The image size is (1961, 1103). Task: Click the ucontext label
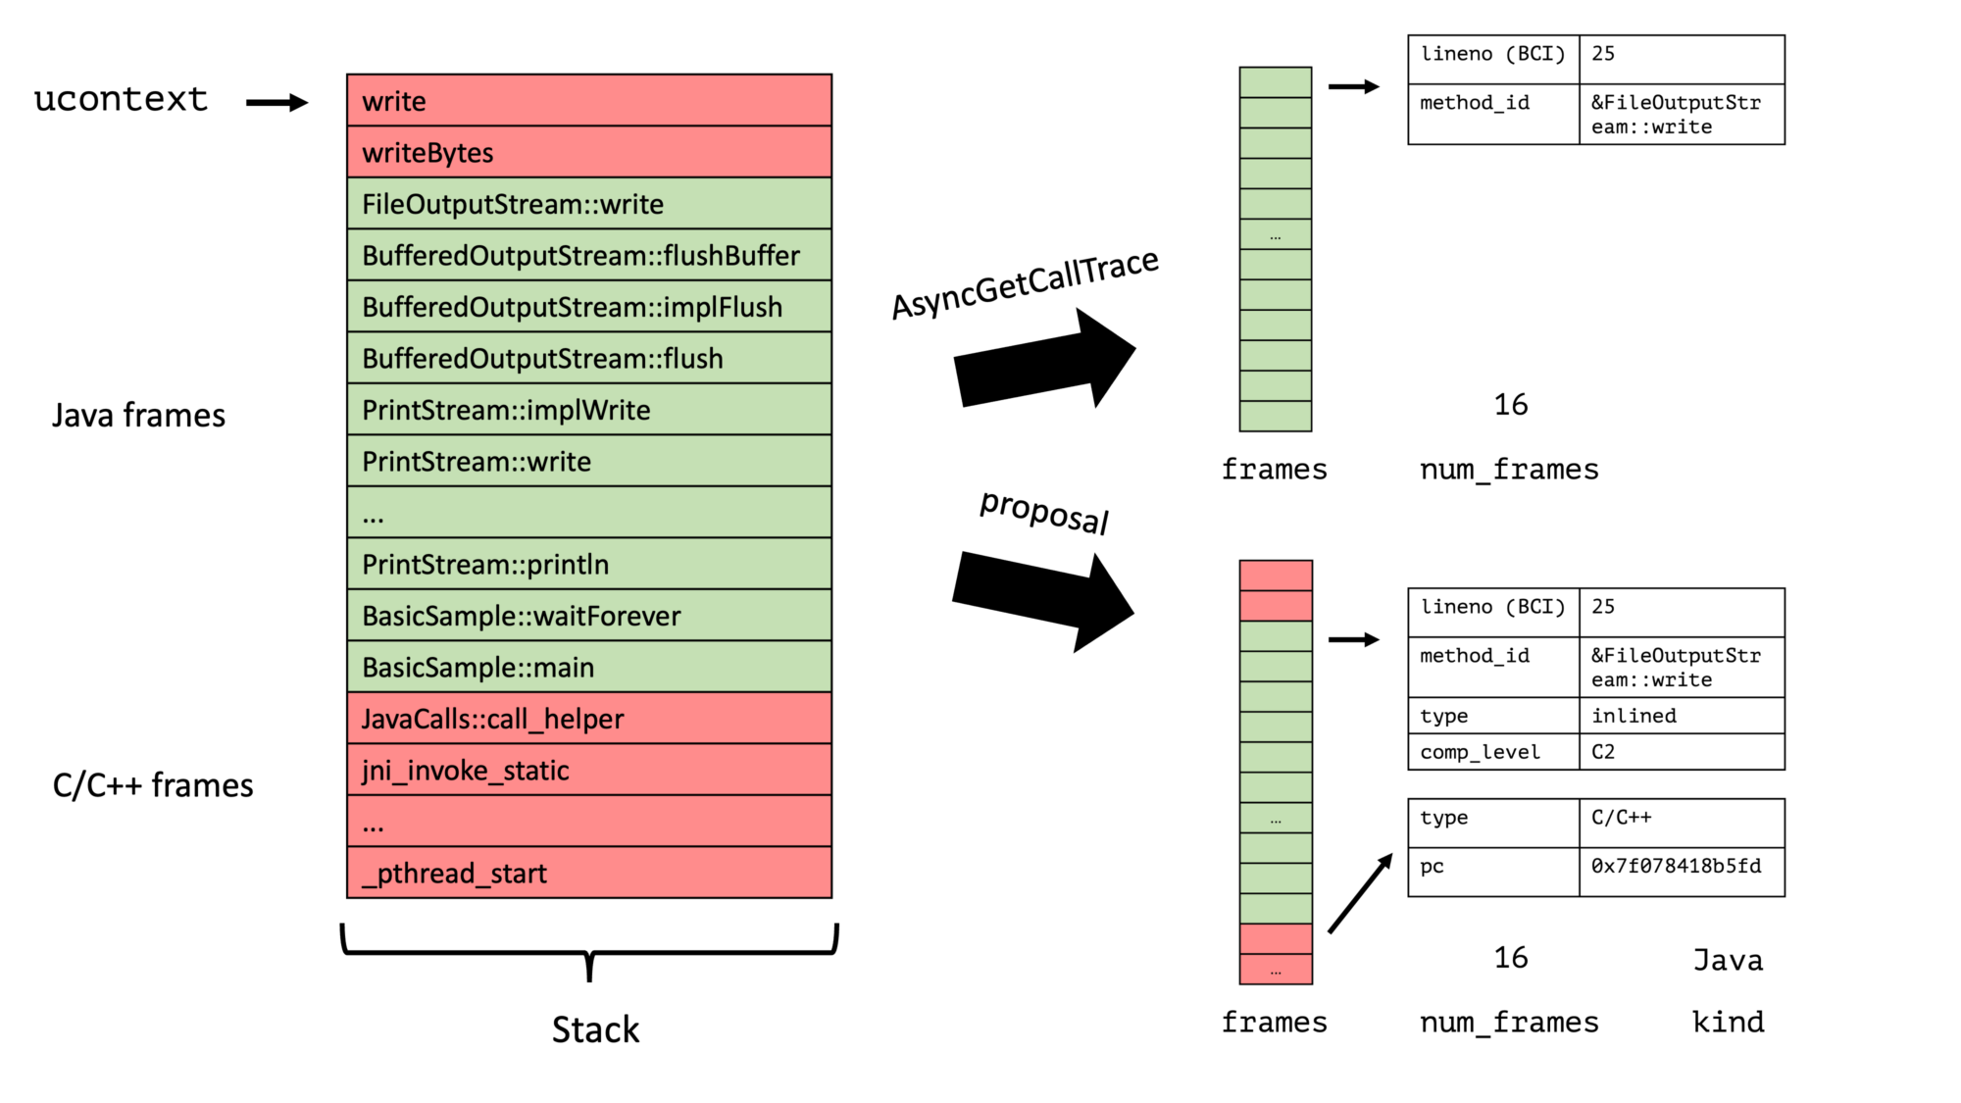coord(121,100)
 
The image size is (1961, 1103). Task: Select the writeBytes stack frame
coord(588,152)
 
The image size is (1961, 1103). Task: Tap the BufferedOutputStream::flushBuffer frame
coord(588,255)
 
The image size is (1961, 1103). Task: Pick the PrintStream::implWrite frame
coord(588,410)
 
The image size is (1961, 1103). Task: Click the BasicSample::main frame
coord(588,668)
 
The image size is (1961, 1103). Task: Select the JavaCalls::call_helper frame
coord(588,719)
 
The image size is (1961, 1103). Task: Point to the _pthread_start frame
coord(588,873)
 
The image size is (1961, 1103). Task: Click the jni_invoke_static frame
coord(588,771)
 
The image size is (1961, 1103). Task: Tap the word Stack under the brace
coord(595,1029)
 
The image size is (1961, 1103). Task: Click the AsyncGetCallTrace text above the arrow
coord(1025,282)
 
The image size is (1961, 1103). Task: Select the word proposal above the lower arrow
coord(1044,512)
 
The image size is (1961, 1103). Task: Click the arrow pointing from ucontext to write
coord(277,102)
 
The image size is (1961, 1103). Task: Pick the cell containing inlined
coord(1681,716)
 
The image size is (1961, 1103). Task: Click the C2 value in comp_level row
coord(1681,752)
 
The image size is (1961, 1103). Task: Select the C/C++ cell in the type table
coord(1681,819)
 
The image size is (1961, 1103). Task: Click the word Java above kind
coord(1728,961)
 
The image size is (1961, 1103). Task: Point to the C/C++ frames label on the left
coord(153,785)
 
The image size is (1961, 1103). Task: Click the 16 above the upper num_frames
coord(1510,405)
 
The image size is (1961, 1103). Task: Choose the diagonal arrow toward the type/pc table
coord(1361,892)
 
